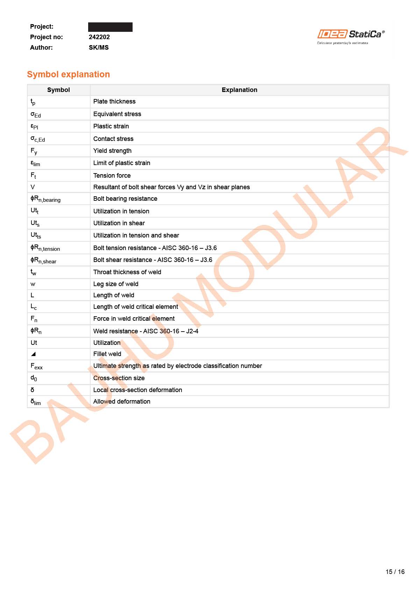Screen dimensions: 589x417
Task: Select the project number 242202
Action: [x=99, y=37]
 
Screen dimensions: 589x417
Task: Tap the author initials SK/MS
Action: [x=99, y=48]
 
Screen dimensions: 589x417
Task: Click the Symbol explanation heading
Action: [x=68, y=74]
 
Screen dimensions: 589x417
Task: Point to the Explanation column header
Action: [x=239, y=90]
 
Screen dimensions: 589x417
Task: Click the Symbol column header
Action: [x=58, y=90]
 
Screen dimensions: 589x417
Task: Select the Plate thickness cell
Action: [x=114, y=101]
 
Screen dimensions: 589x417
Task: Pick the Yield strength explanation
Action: [x=112, y=151]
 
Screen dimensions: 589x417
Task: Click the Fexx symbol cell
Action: [x=36, y=366]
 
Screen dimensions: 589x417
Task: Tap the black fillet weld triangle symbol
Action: [x=33, y=354]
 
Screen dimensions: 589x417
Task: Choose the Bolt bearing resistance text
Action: [x=125, y=199]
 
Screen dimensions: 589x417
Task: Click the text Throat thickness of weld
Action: [x=127, y=272]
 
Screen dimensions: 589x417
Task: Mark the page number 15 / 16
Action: [x=395, y=572]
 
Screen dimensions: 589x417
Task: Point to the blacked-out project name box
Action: [x=110, y=27]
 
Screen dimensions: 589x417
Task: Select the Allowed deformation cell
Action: [x=122, y=402]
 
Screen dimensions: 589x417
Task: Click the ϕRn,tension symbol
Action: [x=45, y=248]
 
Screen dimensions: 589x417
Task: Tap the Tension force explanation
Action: [x=112, y=176]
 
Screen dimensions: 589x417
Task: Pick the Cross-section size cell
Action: [x=119, y=378]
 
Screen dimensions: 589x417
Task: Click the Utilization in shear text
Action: [x=119, y=223]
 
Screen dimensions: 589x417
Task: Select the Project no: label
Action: [x=47, y=37]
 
